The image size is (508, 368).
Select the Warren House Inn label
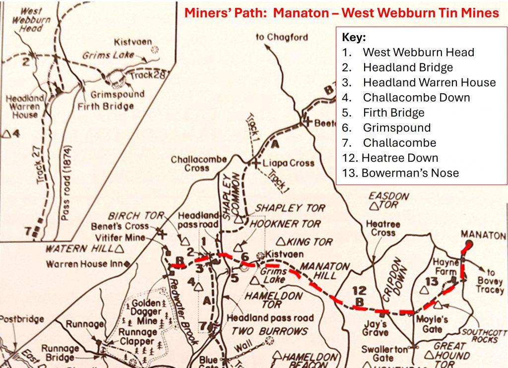(85, 264)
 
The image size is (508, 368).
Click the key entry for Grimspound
(396, 127)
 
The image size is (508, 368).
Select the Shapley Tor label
(290, 208)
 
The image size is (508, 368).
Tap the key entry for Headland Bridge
(408, 67)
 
